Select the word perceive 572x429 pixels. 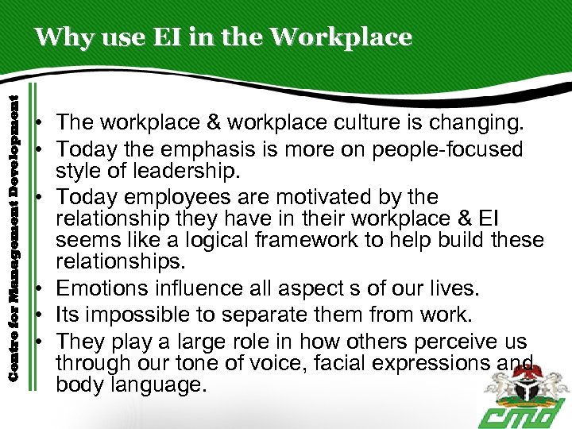click(x=448, y=342)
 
